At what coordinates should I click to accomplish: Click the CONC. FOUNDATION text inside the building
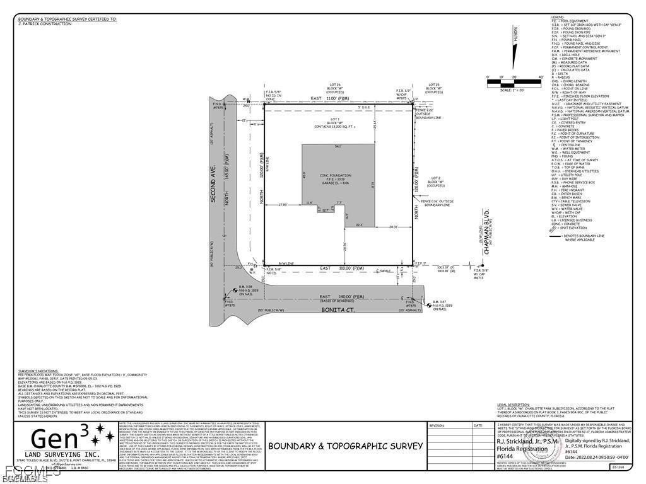pos(335,175)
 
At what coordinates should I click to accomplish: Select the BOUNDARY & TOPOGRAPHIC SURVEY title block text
pos(346,446)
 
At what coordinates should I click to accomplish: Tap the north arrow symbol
pos(514,47)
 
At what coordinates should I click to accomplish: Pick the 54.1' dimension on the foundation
pos(338,147)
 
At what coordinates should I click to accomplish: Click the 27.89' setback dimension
pos(283,204)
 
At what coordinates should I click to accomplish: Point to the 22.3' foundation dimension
pos(360,224)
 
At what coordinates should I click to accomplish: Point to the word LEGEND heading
pos(556,17)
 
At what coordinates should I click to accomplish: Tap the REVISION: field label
pos(437,425)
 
